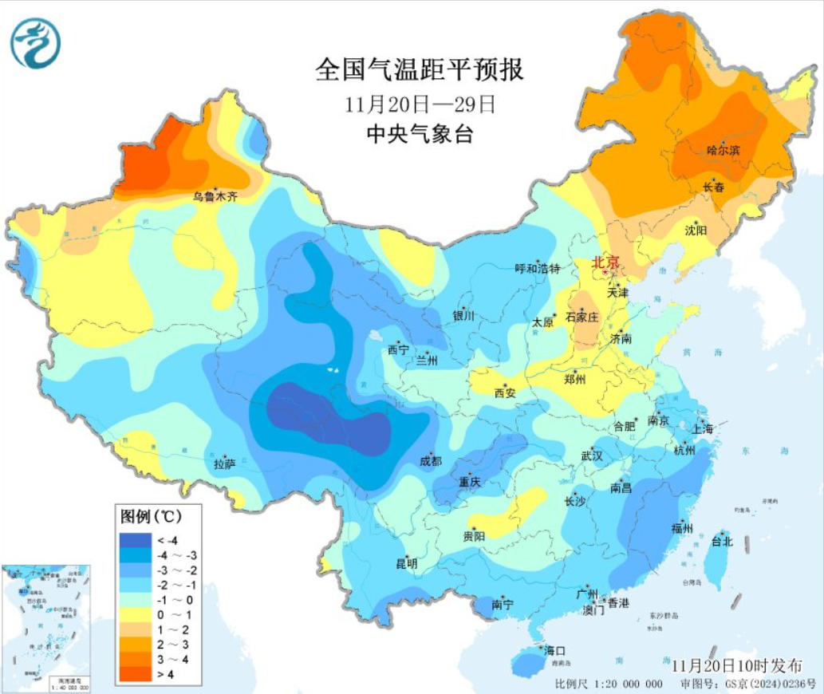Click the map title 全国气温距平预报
420,70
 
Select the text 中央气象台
420,134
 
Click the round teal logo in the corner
35,43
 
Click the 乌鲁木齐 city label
215,196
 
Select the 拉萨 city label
224,463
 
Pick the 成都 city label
430,461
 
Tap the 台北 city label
721,541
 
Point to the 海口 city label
554,650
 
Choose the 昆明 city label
407,563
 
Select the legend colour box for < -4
136,539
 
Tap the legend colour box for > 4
136,674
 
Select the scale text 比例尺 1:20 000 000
609,684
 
